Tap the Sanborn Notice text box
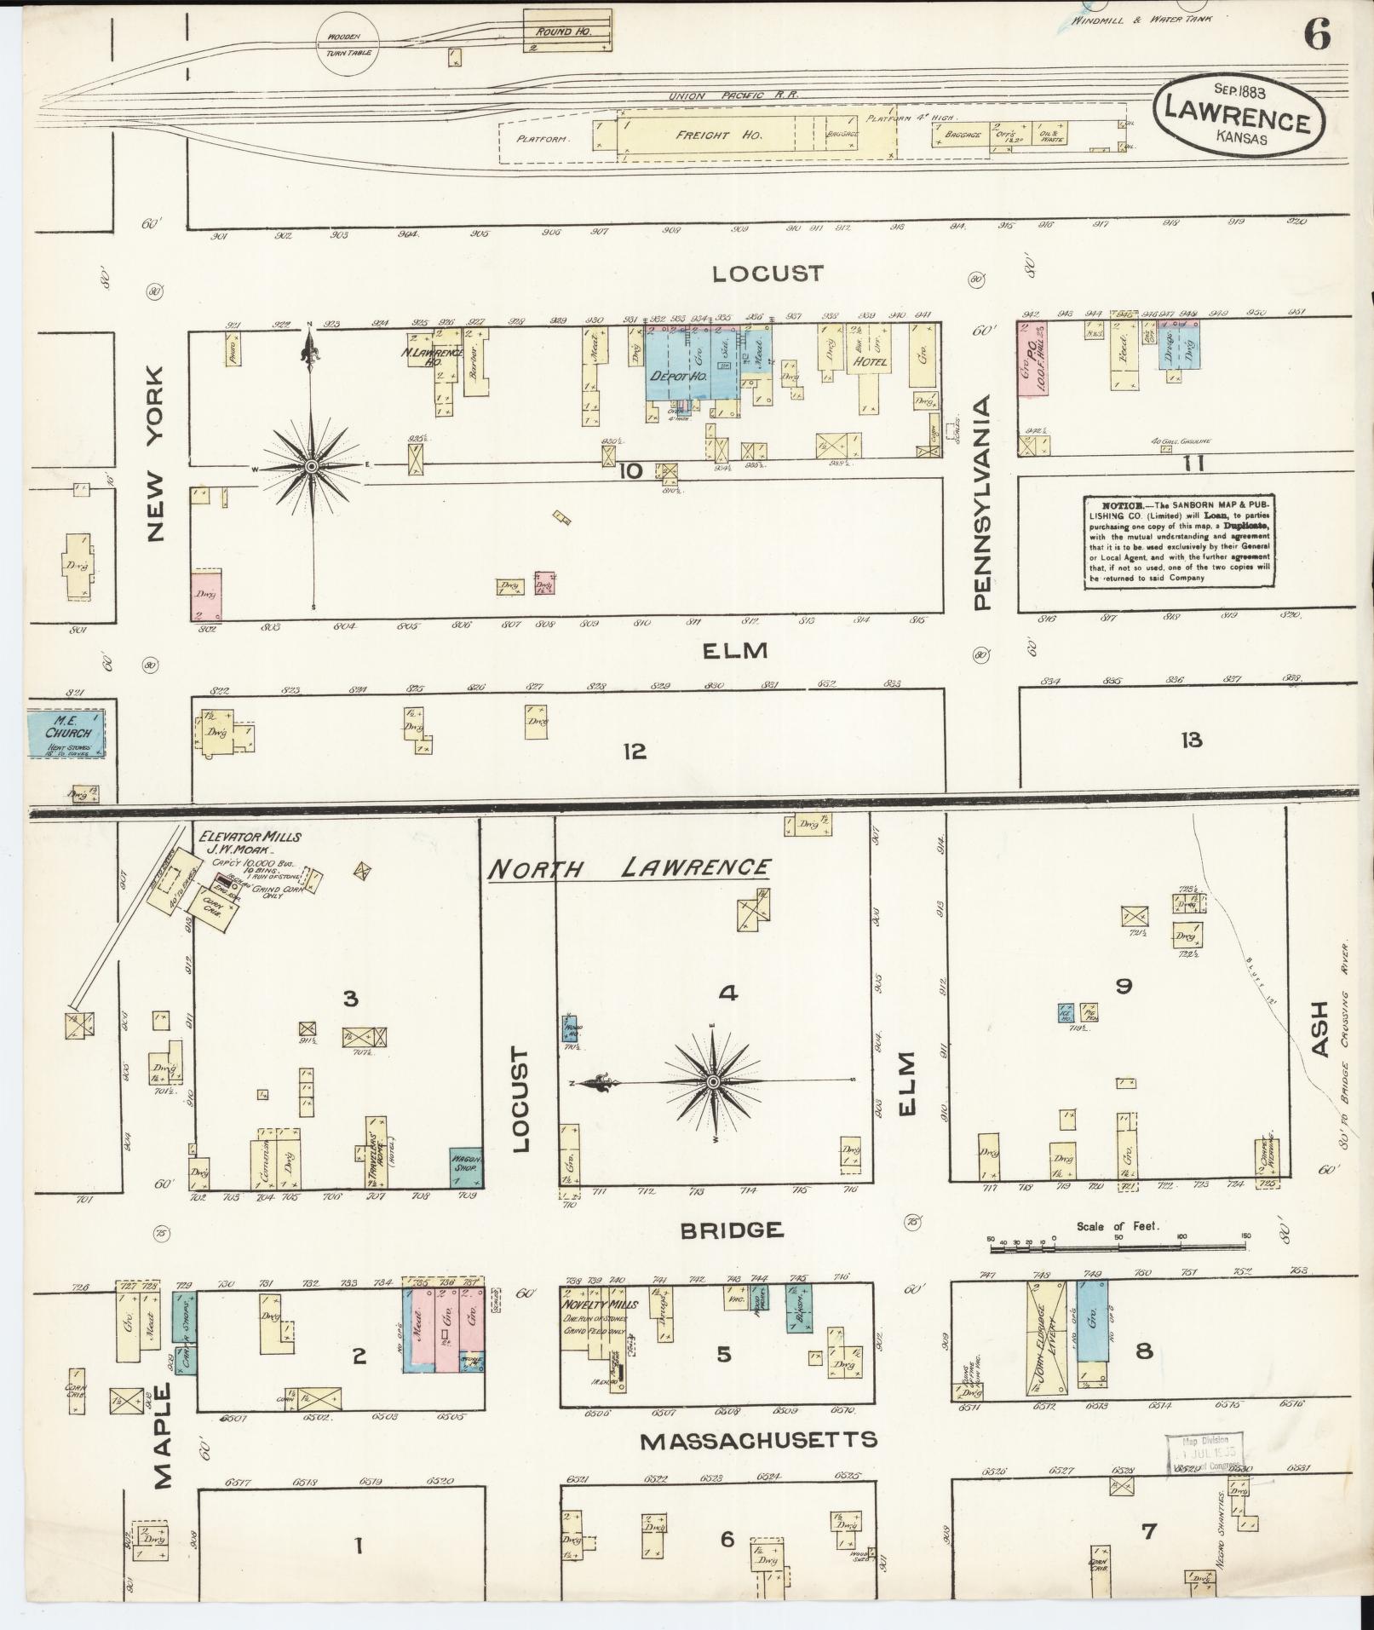pyautogui.click(x=1179, y=541)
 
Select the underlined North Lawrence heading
pyautogui.click(x=629, y=868)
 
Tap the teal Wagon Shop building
pyautogui.click(x=466, y=1166)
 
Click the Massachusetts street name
pyautogui.click(x=758, y=1439)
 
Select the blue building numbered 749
pyautogui.click(x=1091, y=1333)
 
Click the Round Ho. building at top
pyautogui.click(x=566, y=31)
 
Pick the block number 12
pyautogui.click(x=635, y=751)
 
